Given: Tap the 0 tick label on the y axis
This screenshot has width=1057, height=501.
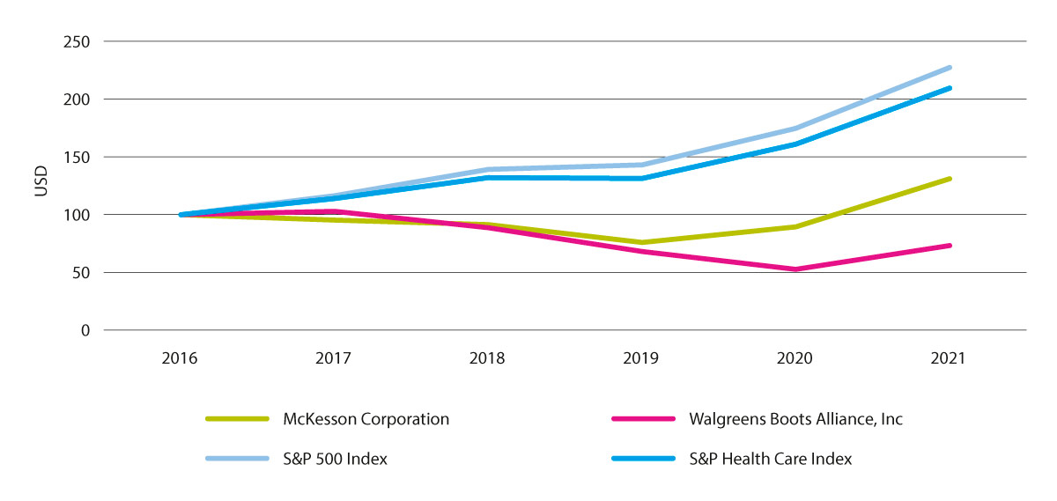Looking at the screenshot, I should pyautogui.click(x=85, y=330).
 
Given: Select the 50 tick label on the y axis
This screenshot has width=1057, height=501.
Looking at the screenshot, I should pyautogui.click(x=82, y=273).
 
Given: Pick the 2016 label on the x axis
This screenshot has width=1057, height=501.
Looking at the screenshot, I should pyautogui.click(x=181, y=358).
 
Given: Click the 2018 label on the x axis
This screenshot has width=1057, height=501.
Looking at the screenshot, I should pyautogui.click(x=487, y=358).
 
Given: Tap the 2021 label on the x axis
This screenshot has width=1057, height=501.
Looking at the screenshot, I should pyautogui.click(x=950, y=358).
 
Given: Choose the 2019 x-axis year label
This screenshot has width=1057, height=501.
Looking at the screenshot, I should pyautogui.click(x=641, y=358).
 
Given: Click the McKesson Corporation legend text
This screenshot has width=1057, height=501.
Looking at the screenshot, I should pyautogui.click(x=366, y=419).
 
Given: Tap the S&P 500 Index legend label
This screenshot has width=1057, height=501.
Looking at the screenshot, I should pyautogui.click(x=336, y=459).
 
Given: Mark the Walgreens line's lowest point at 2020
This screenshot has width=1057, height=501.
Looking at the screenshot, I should pyautogui.click(x=795, y=269).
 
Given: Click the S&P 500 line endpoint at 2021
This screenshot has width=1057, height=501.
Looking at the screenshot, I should pyautogui.click(x=950, y=67).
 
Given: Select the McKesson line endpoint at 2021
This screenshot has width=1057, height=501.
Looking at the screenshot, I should pyautogui.click(x=950, y=179).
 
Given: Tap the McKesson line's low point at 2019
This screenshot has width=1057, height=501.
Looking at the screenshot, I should pyautogui.click(x=641, y=242).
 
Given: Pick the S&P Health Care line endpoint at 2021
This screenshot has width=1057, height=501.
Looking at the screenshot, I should pyautogui.click(x=950, y=88).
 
